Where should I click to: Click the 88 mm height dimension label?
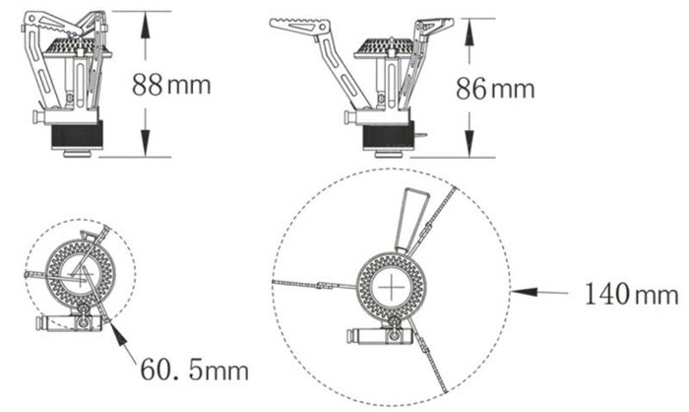click(171, 84)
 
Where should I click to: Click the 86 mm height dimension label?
click(495, 88)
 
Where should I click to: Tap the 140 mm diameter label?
click(632, 294)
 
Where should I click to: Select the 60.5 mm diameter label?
click(194, 370)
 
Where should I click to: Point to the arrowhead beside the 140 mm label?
click(525, 292)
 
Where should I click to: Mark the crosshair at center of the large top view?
click(391, 289)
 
